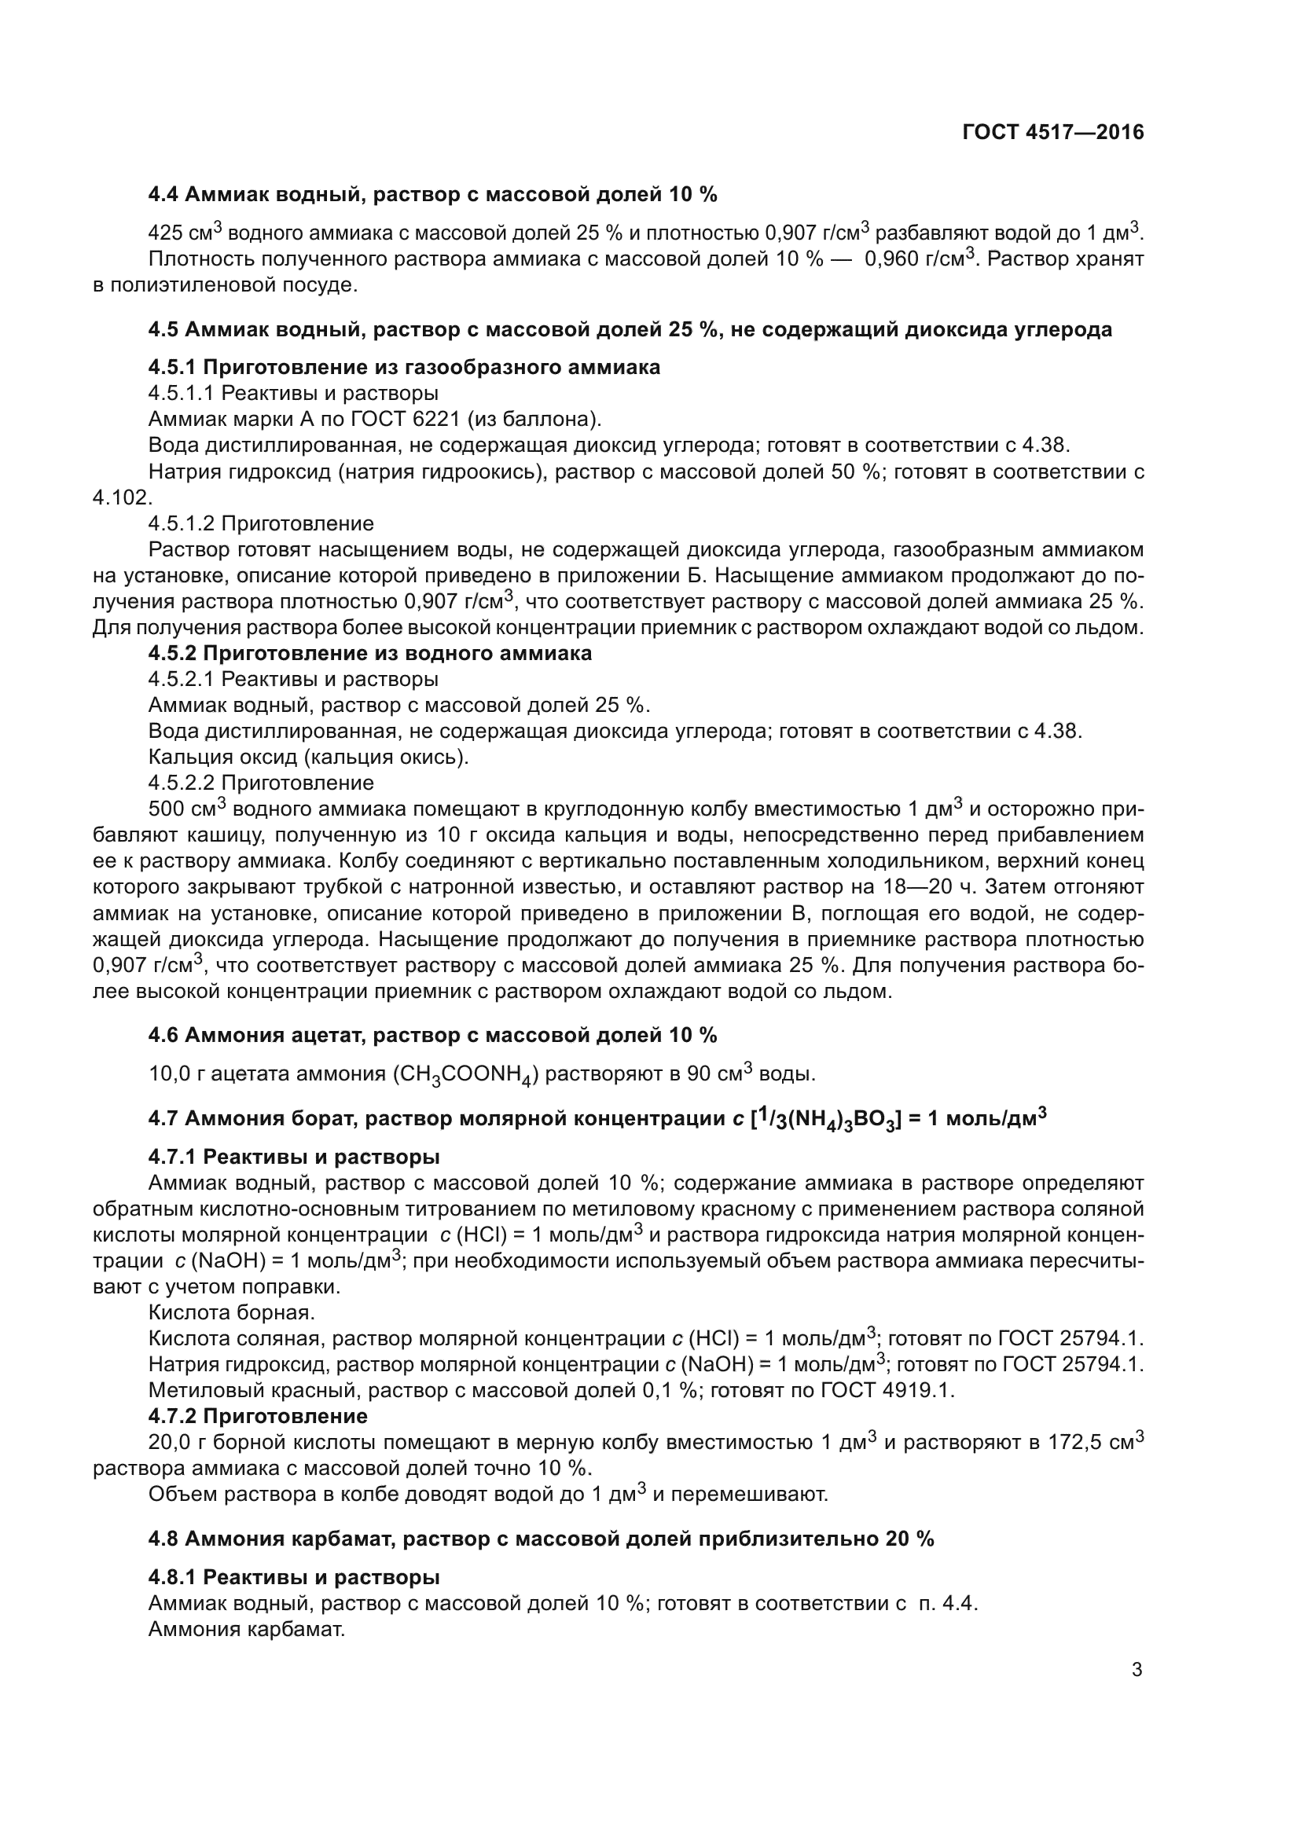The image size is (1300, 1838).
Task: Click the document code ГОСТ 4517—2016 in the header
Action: point(1052,133)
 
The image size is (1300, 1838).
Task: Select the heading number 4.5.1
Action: point(173,368)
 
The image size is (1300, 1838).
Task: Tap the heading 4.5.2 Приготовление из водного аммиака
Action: point(370,653)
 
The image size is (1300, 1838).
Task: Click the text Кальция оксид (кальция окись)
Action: point(308,757)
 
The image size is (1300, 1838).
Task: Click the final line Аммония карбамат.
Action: point(247,1629)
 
